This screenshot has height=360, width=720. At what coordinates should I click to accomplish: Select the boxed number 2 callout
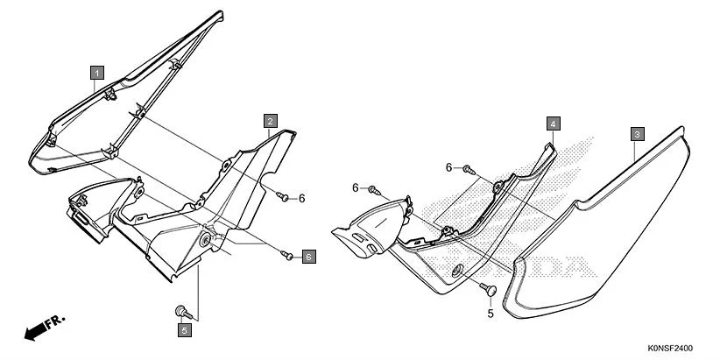click(x=272, y=120)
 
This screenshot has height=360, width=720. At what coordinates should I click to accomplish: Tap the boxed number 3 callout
click(x=638, y=134)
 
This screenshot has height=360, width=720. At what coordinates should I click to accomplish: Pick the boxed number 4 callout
click(x=553, y=124)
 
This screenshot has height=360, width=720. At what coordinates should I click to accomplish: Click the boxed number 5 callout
click(x=184, y=330)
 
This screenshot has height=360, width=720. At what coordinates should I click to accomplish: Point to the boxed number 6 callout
click(x=308, y=257)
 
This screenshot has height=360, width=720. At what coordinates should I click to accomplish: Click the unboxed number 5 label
click(x=491, y=313)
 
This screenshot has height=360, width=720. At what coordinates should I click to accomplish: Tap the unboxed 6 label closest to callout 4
click(x=448, y=166)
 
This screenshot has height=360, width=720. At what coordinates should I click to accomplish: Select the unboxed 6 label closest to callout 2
click(x=301, y=199)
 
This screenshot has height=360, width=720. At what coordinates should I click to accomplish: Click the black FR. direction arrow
click(x=36, y=331)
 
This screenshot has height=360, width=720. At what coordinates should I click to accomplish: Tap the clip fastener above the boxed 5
click(x=182, y=309)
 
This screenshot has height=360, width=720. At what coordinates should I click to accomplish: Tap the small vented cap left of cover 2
click(x=92, y=215)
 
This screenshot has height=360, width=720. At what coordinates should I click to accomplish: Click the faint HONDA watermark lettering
click(x=561, y=263)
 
